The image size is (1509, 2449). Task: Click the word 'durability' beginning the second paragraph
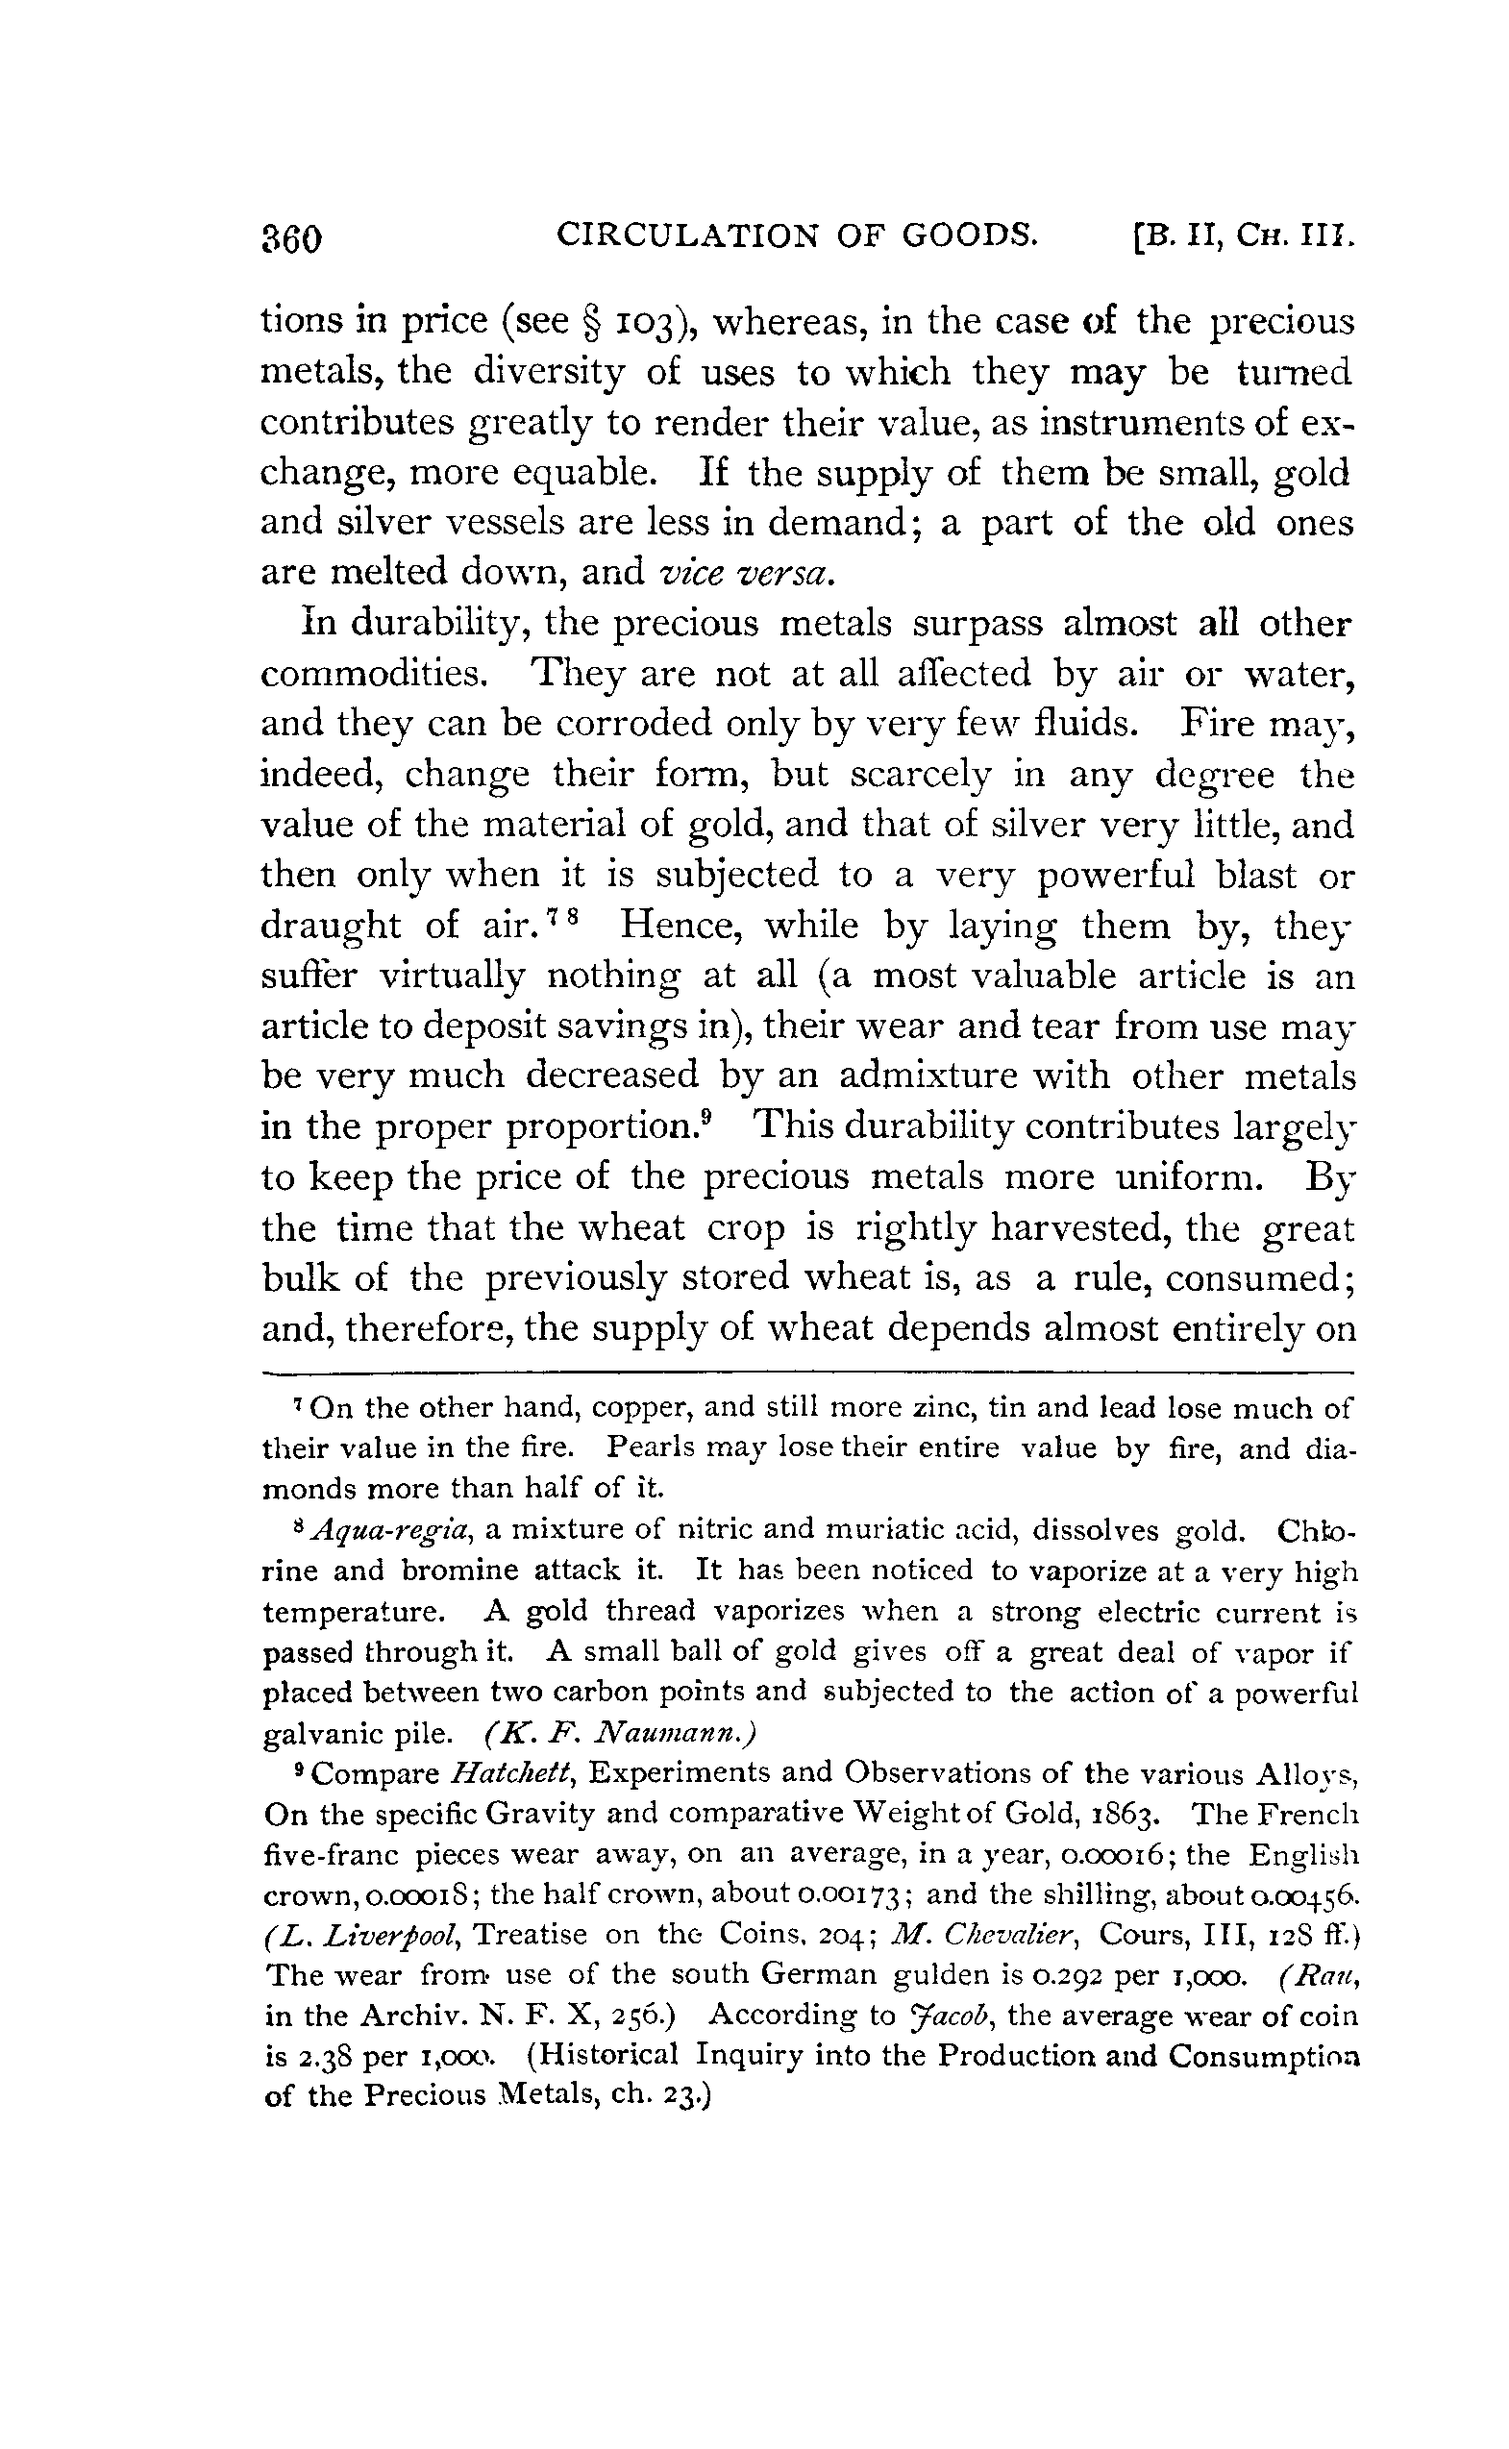pos(427,625)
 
